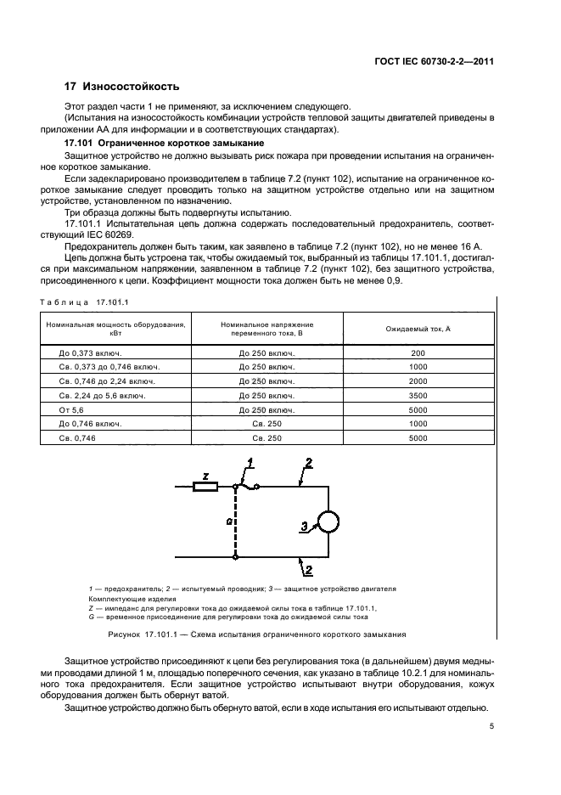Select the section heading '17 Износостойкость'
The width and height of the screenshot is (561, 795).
pos(122,87)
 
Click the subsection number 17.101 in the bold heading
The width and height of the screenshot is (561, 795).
pos(80,144)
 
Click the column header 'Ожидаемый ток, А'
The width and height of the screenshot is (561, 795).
pos(417,329)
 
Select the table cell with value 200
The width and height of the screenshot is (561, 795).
pos(417,352)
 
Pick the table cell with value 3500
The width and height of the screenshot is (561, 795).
pos(417,395)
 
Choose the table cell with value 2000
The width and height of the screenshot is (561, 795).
pos(417,381)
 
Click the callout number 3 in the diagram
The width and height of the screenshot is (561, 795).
pos(302,528)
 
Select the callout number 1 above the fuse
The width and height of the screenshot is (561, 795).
pos(250,461)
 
